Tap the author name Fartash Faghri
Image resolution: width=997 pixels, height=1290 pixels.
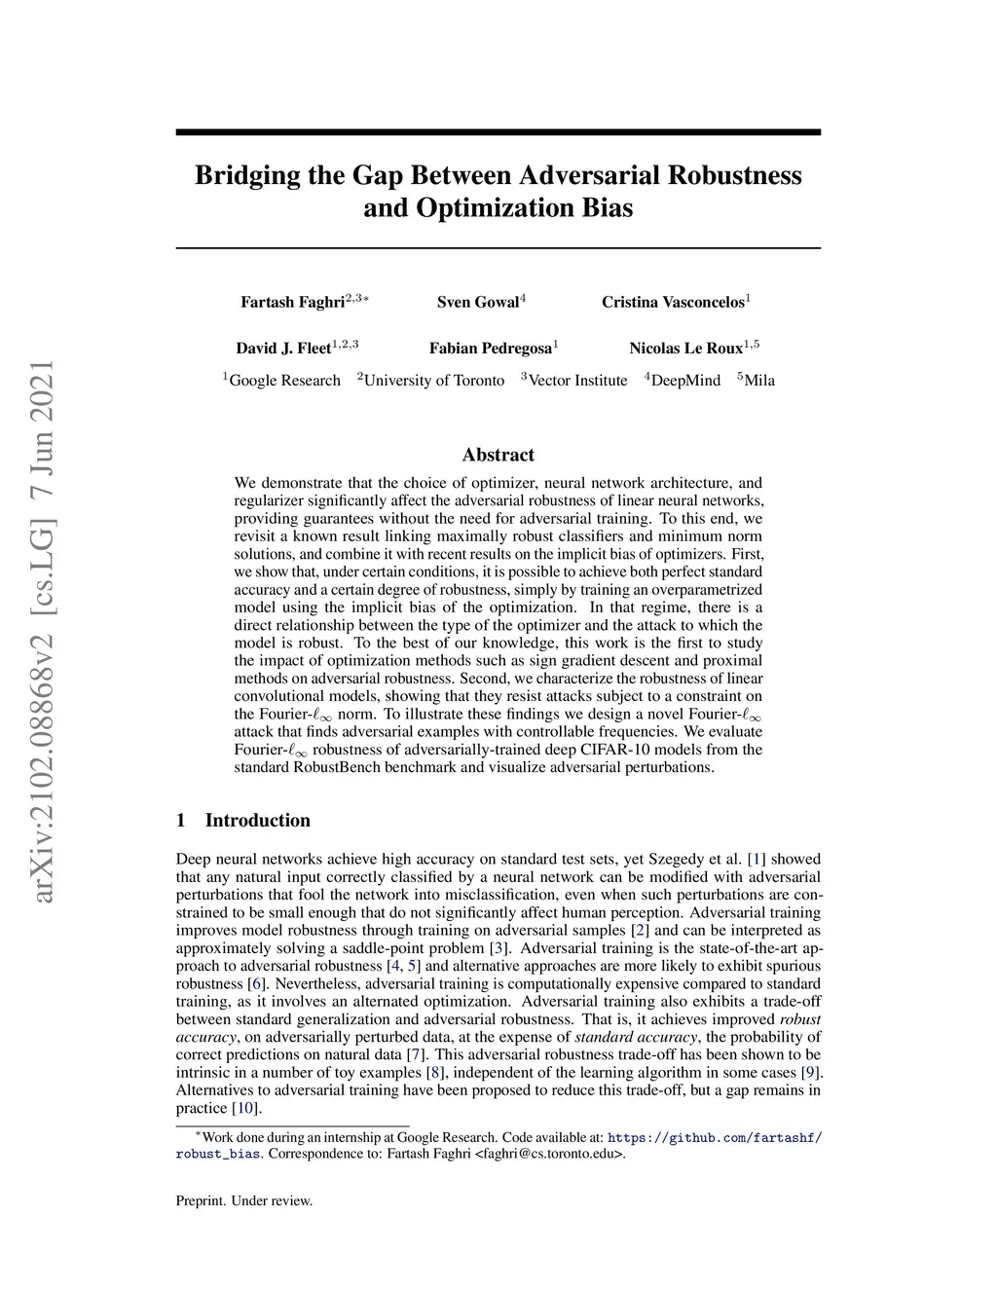coord(292,302)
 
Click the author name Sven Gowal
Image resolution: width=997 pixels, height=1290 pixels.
coord(477,302)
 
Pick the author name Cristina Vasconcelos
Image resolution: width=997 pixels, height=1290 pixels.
coord(672,302)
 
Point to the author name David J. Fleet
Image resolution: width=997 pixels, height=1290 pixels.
coord(283,349)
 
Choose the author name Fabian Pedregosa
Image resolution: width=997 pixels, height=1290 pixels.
coord(490,349)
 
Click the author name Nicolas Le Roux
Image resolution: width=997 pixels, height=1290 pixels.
coord(685,349)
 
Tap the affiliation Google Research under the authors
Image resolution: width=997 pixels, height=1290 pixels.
coord(284,381)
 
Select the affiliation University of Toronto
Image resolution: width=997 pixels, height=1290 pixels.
coord(433,381)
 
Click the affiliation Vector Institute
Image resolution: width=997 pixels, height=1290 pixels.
coord(577,381)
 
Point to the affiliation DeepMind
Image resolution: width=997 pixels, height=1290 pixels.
coord(685,381)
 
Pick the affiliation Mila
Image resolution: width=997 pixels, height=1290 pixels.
coord(759,381)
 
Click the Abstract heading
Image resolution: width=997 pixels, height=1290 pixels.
coord(498,455)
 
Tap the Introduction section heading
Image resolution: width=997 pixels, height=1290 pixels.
coord(257,820)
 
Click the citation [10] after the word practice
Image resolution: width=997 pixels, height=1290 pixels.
coord(245,1108)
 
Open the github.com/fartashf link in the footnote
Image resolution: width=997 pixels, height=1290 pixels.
coord(715,1137)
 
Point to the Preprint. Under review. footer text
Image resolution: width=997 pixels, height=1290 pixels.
coord(244,1200)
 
